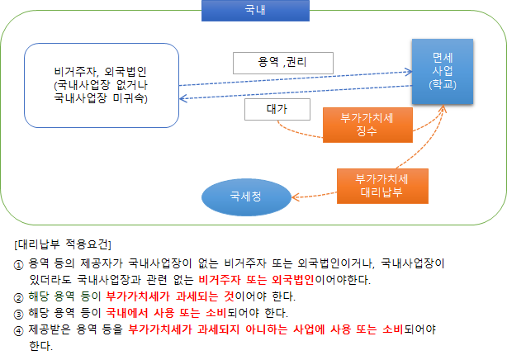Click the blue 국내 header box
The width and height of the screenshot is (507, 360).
[x=250, y=11]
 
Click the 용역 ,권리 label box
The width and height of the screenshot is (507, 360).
[x=283, y=62]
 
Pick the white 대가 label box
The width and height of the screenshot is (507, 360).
[x=276, y=109]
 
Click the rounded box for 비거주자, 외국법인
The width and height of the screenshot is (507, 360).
[x=102, y=85]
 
